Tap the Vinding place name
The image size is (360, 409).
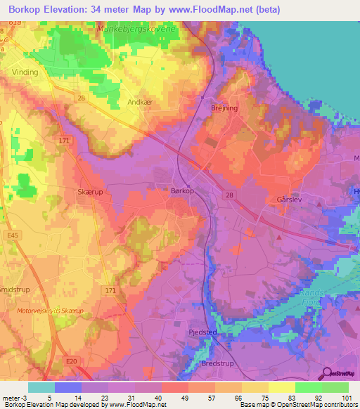25,72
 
